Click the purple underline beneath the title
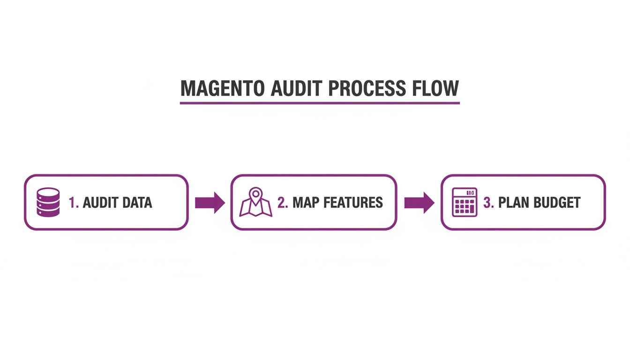pyautogui.click(x=320, y=103)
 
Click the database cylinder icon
pyautogui.click(x=48, y=202)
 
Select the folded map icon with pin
pyautogui.click(x=256, y=202)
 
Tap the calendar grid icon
pyautogui.click(x=465, y=202)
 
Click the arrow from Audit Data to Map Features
pyautogui.click(x=210, y=202)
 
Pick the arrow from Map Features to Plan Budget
pyautogui.click(x=419, y=202)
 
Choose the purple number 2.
pyautogui.click(x=282, y=202)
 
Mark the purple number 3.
pyautogui.click(x=488, y=202)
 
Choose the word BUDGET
pyautogui.click(x=558, y=202)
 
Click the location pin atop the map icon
pyautogui.click(x=255, y=193)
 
